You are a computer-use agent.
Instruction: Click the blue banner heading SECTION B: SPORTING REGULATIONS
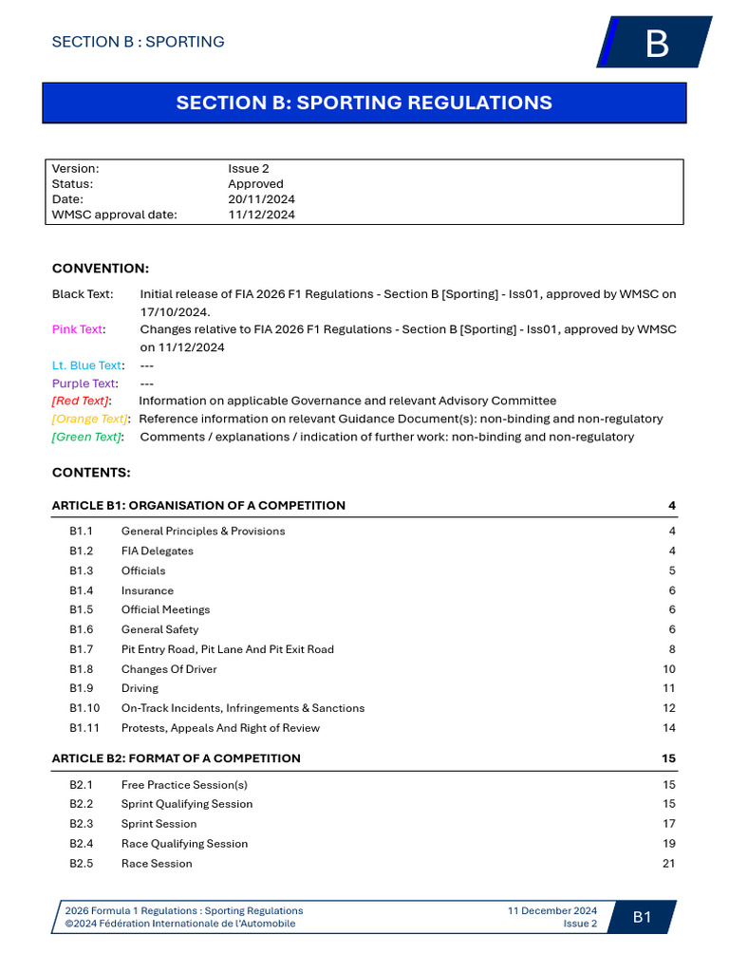tap(364, 103)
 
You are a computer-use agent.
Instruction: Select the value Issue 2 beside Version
tap(249, 168)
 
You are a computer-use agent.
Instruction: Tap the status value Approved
tap(255, 184)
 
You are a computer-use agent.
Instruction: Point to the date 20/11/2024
tap(261, 199)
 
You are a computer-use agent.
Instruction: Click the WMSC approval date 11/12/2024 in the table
tap(261, 215)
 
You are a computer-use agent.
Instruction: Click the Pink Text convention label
tap(77, 329)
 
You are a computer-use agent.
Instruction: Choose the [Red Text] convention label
tap(80, 401)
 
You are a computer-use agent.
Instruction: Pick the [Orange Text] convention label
tap(89, 419)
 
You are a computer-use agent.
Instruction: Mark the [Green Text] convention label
tap(87, 437)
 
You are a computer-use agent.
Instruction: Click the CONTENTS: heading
tap(91, 472)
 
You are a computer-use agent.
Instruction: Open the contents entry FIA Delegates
tap(157, 551)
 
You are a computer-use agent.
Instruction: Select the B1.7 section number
tap(81, 649)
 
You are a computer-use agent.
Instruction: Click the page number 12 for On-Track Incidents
tap(669, 708)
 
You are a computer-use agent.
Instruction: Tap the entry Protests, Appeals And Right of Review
tap(220, 728)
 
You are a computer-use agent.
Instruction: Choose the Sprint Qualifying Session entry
tap(187, 804)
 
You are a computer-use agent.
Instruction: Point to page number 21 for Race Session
tap(669, 863)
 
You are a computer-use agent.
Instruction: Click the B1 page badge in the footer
tap(643, 917)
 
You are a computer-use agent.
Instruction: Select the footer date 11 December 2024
tap(552, 910)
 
